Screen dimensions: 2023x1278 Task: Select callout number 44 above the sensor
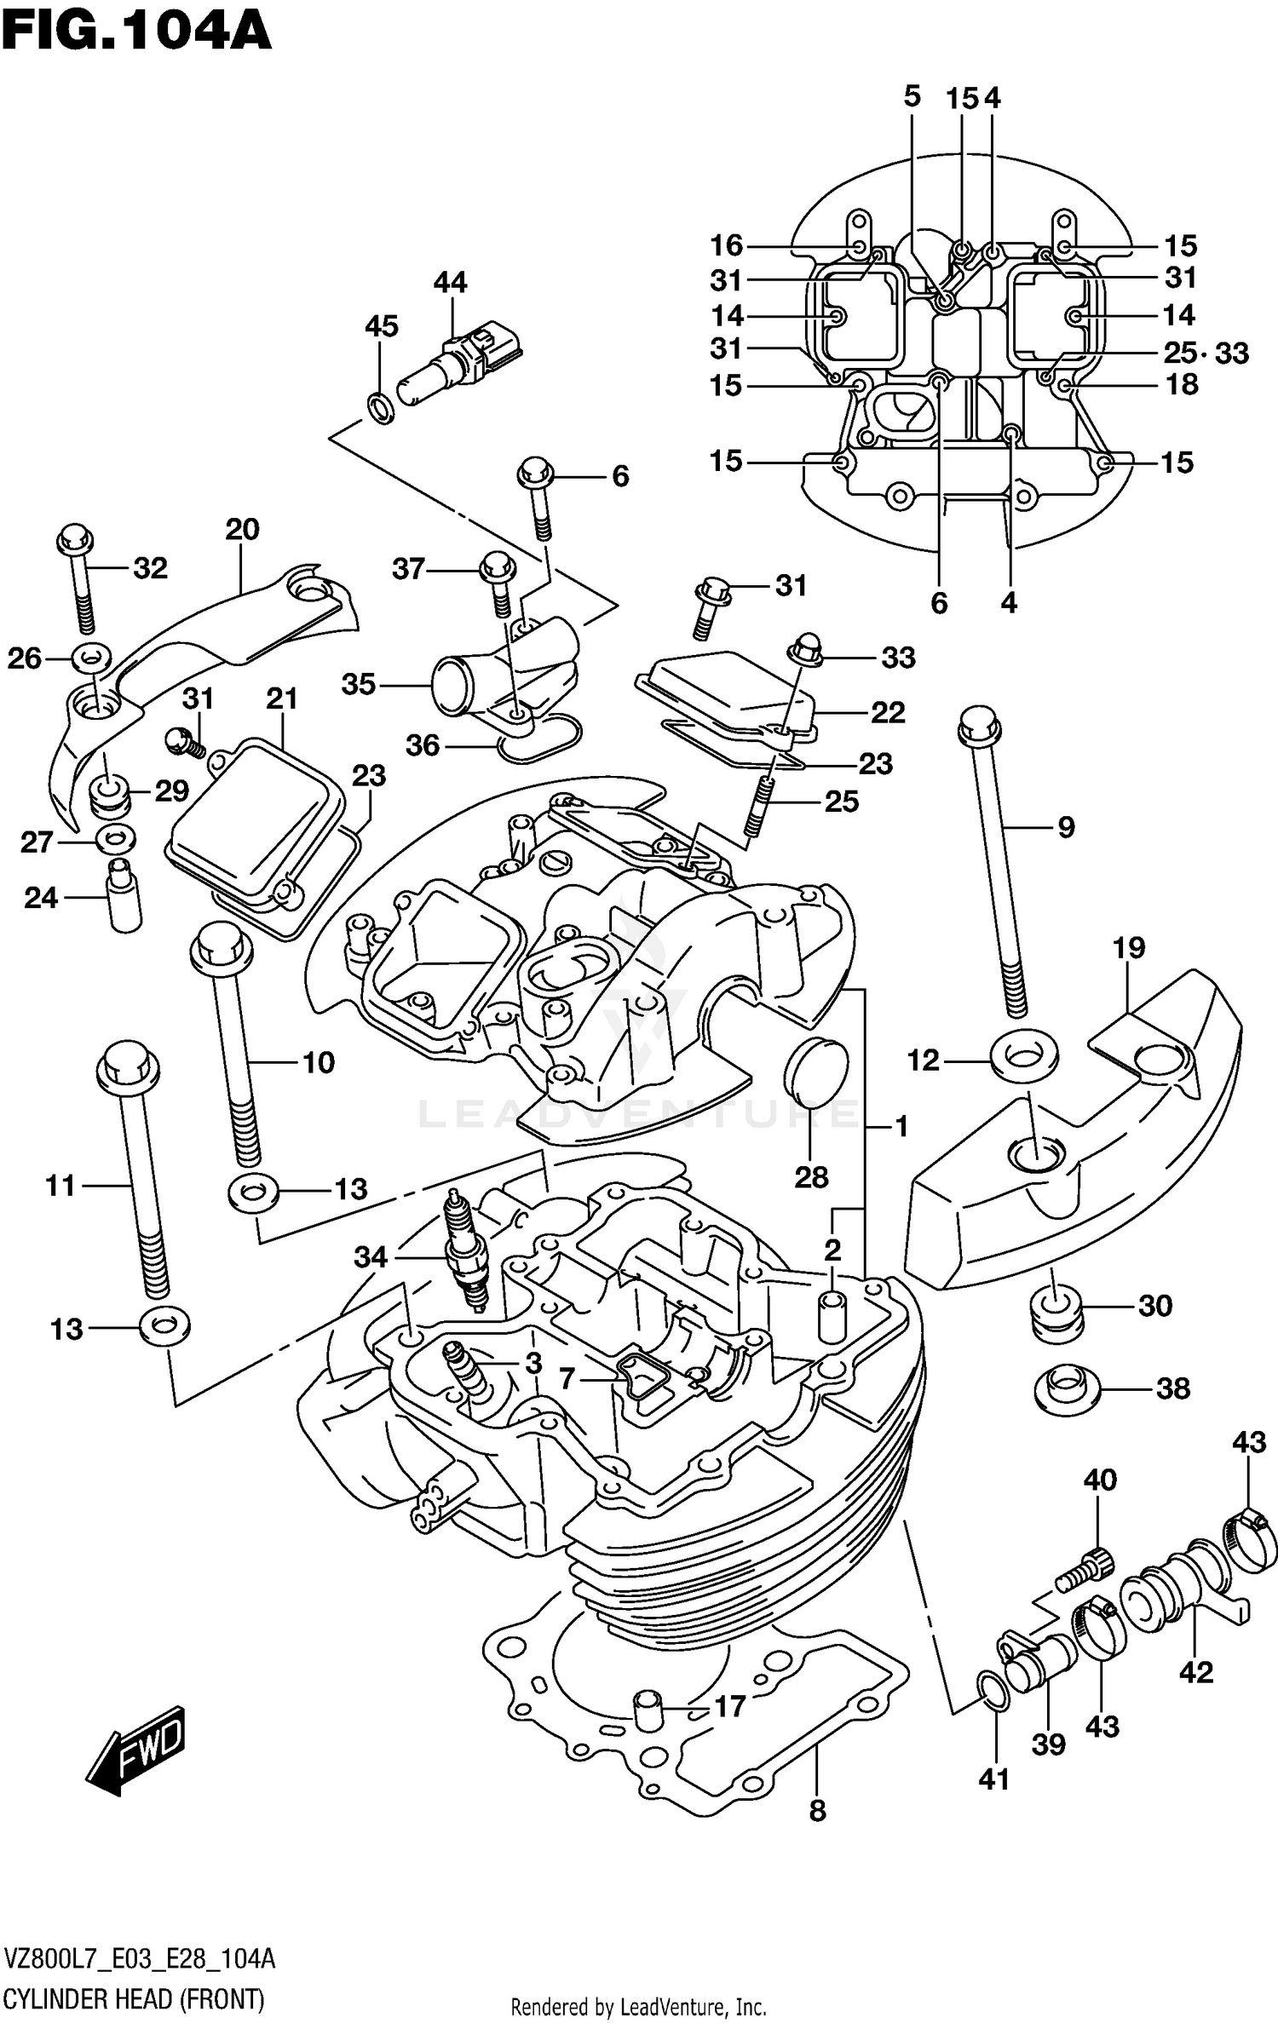coord(450,282)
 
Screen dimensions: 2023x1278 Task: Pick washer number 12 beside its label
coord(1025,1059)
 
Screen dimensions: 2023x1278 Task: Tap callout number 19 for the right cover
coord(1128,947)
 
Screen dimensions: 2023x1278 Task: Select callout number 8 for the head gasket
coord(817,1810)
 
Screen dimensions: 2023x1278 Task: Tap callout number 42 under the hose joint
coord(1195,1671)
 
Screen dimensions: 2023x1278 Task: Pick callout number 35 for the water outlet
coord(359,684)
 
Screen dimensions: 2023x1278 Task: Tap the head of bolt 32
coord(75,539)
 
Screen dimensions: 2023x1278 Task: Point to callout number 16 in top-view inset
coord(727,245)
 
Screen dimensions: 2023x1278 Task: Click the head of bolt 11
coord(129,1065)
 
